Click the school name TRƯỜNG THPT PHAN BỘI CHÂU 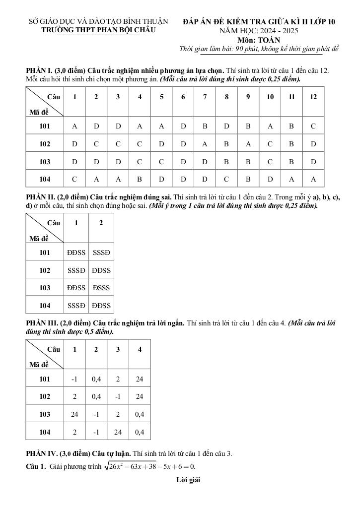click(x=99, y=30)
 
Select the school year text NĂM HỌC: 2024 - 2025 click(x=259, y=31)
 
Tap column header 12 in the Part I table click(x=313, y=97)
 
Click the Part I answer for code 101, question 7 click(x=205, y=126)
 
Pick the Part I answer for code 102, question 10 click(x=270, y=144)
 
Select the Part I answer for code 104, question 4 click(x=140, y=179)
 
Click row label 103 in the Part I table click(x=45, y=162)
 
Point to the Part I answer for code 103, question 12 click(x=313, y=162)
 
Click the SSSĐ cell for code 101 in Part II click(x=101, y=253)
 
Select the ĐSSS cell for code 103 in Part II click(x=101, y=288)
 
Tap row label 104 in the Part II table click(x=45, y=306)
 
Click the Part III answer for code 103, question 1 click(x=75, y=414)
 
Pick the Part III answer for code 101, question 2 click(x=96, y=379)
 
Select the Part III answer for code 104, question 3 click(x=118, y=432)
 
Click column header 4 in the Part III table click(x=140, y=349)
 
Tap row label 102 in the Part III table click(x=45, y=397)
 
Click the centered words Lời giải click(x=188, y=480)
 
